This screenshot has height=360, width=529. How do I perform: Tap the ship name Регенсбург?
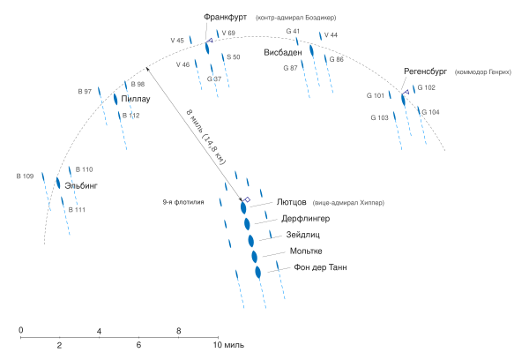(x=428, y=71)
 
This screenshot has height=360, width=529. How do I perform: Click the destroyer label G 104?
(x=429, y=112)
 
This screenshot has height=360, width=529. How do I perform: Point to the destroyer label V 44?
(x=332, y=34)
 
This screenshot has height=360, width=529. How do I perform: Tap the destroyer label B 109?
(x=25, y=176)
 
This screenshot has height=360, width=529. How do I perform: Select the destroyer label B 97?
(x=85, y=92)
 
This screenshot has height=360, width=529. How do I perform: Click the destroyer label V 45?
(x=177, y=41)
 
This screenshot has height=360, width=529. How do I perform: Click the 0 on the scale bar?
(x=20, y=329)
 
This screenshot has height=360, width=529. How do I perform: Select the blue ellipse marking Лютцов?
(x=244, y=208)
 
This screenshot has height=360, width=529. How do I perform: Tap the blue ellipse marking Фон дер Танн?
(x=258, y=272)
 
